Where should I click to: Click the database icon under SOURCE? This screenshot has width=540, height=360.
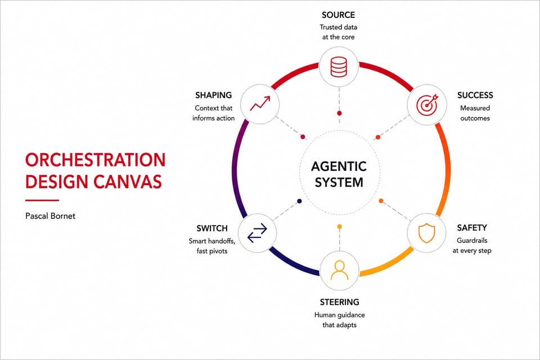pyautogui.click(x=339, y=67)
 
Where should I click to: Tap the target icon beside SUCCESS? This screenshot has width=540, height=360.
pyautogui.click(x=427, y=105)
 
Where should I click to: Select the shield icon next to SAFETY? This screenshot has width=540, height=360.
pyautogui.click(x=427, y=233)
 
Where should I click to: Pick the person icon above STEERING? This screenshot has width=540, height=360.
pyautogui.click(x=339, y=271)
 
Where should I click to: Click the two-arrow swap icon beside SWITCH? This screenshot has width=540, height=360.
pyautogui.click(x=257, y=233)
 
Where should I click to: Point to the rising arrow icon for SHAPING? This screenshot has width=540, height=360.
pyautogui.click(x=260, y=103)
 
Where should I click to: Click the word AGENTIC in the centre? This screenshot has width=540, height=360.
pyautogui.click(x=339, y=166)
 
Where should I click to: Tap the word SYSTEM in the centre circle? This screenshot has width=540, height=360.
pyautogui.click(x=339, y=182)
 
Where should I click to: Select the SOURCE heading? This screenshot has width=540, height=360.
pyautogui.click(x=338, y=15)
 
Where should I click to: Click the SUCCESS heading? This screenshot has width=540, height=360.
pyautogui.click(x=475, y=96)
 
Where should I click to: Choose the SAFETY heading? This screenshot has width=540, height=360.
pyautogui.click(x=472, y=228)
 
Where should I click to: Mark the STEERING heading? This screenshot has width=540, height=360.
pyautogui.click(x=340, y=302)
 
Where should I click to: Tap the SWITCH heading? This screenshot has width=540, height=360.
pyautogui.click(x=212, y=228)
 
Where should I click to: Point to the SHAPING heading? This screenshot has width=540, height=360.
pyautogui.click(x=214, y=96)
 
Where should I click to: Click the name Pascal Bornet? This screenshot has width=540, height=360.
pyautogui.click(x=50, y=216)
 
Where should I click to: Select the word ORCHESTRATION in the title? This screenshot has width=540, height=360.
pyautogui.click(x=96, y=160)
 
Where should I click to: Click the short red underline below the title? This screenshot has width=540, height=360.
pyautogui.click(x=42, y=200)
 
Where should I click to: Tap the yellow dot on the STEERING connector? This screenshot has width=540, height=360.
pyautogui.click(x=340, y=226)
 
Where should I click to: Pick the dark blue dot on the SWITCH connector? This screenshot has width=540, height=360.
pyautogui.click(x=299, y=201)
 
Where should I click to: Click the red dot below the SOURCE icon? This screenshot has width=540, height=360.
pyautogui.click(x=339, y=113)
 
